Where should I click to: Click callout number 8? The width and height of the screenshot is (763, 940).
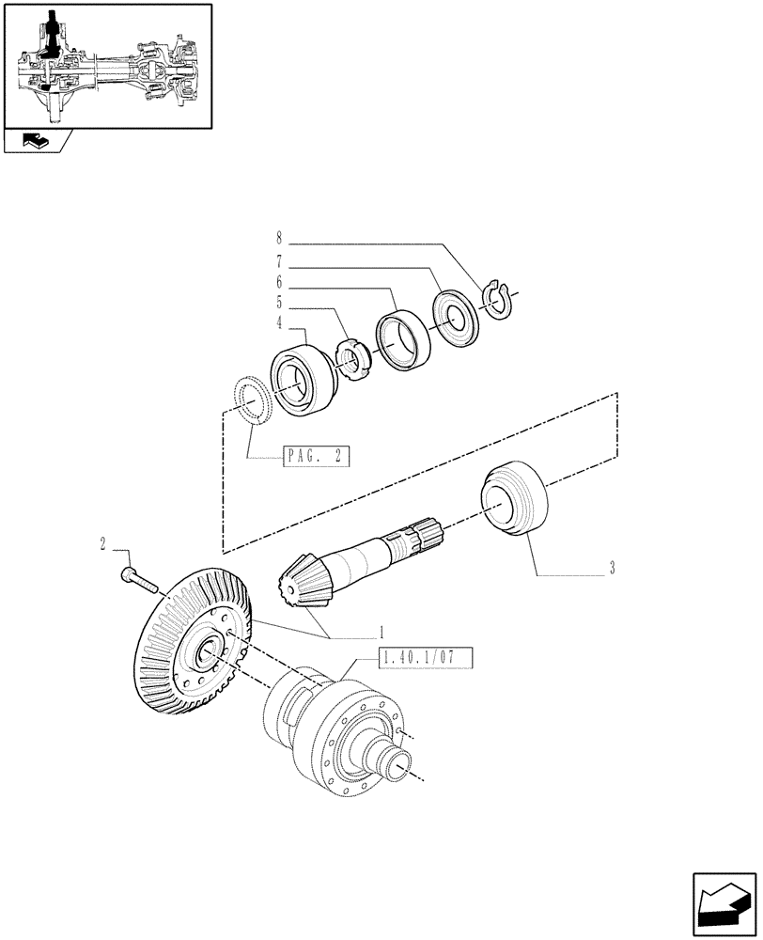(x=279, y=239)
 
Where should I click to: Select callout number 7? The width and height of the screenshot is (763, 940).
(x=279, y=260)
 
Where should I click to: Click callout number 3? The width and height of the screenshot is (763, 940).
(x=612, y=568)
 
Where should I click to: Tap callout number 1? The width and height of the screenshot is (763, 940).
(x=382, y=631)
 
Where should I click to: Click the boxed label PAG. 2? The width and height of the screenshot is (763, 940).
(x=316, y=457)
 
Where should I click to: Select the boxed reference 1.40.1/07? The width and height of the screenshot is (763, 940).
(x=425, y=658)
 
